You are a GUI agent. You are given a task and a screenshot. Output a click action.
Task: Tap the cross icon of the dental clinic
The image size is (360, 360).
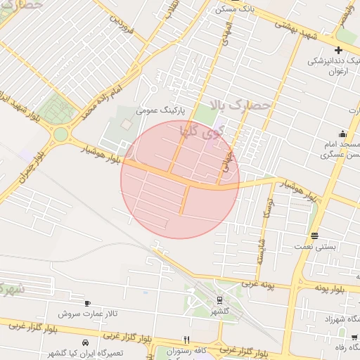[x=338, y=50]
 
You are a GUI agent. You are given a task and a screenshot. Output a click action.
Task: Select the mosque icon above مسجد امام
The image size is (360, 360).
[x=342, y=134]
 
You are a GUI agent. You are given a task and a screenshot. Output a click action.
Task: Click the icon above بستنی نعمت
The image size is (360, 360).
[x=314, y=236]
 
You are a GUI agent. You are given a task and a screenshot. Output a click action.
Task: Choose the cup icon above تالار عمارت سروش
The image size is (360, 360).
[x=87, y=304]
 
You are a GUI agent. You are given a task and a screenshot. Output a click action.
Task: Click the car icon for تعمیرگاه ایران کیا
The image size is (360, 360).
[x=86, y=342]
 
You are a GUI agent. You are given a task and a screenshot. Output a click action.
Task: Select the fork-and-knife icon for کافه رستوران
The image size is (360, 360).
[x=186, y=339]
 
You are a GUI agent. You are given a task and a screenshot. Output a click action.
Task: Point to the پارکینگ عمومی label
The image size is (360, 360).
[x=160, y=110]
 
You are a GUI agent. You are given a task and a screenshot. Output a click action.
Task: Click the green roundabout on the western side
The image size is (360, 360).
[x=61, y=134]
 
